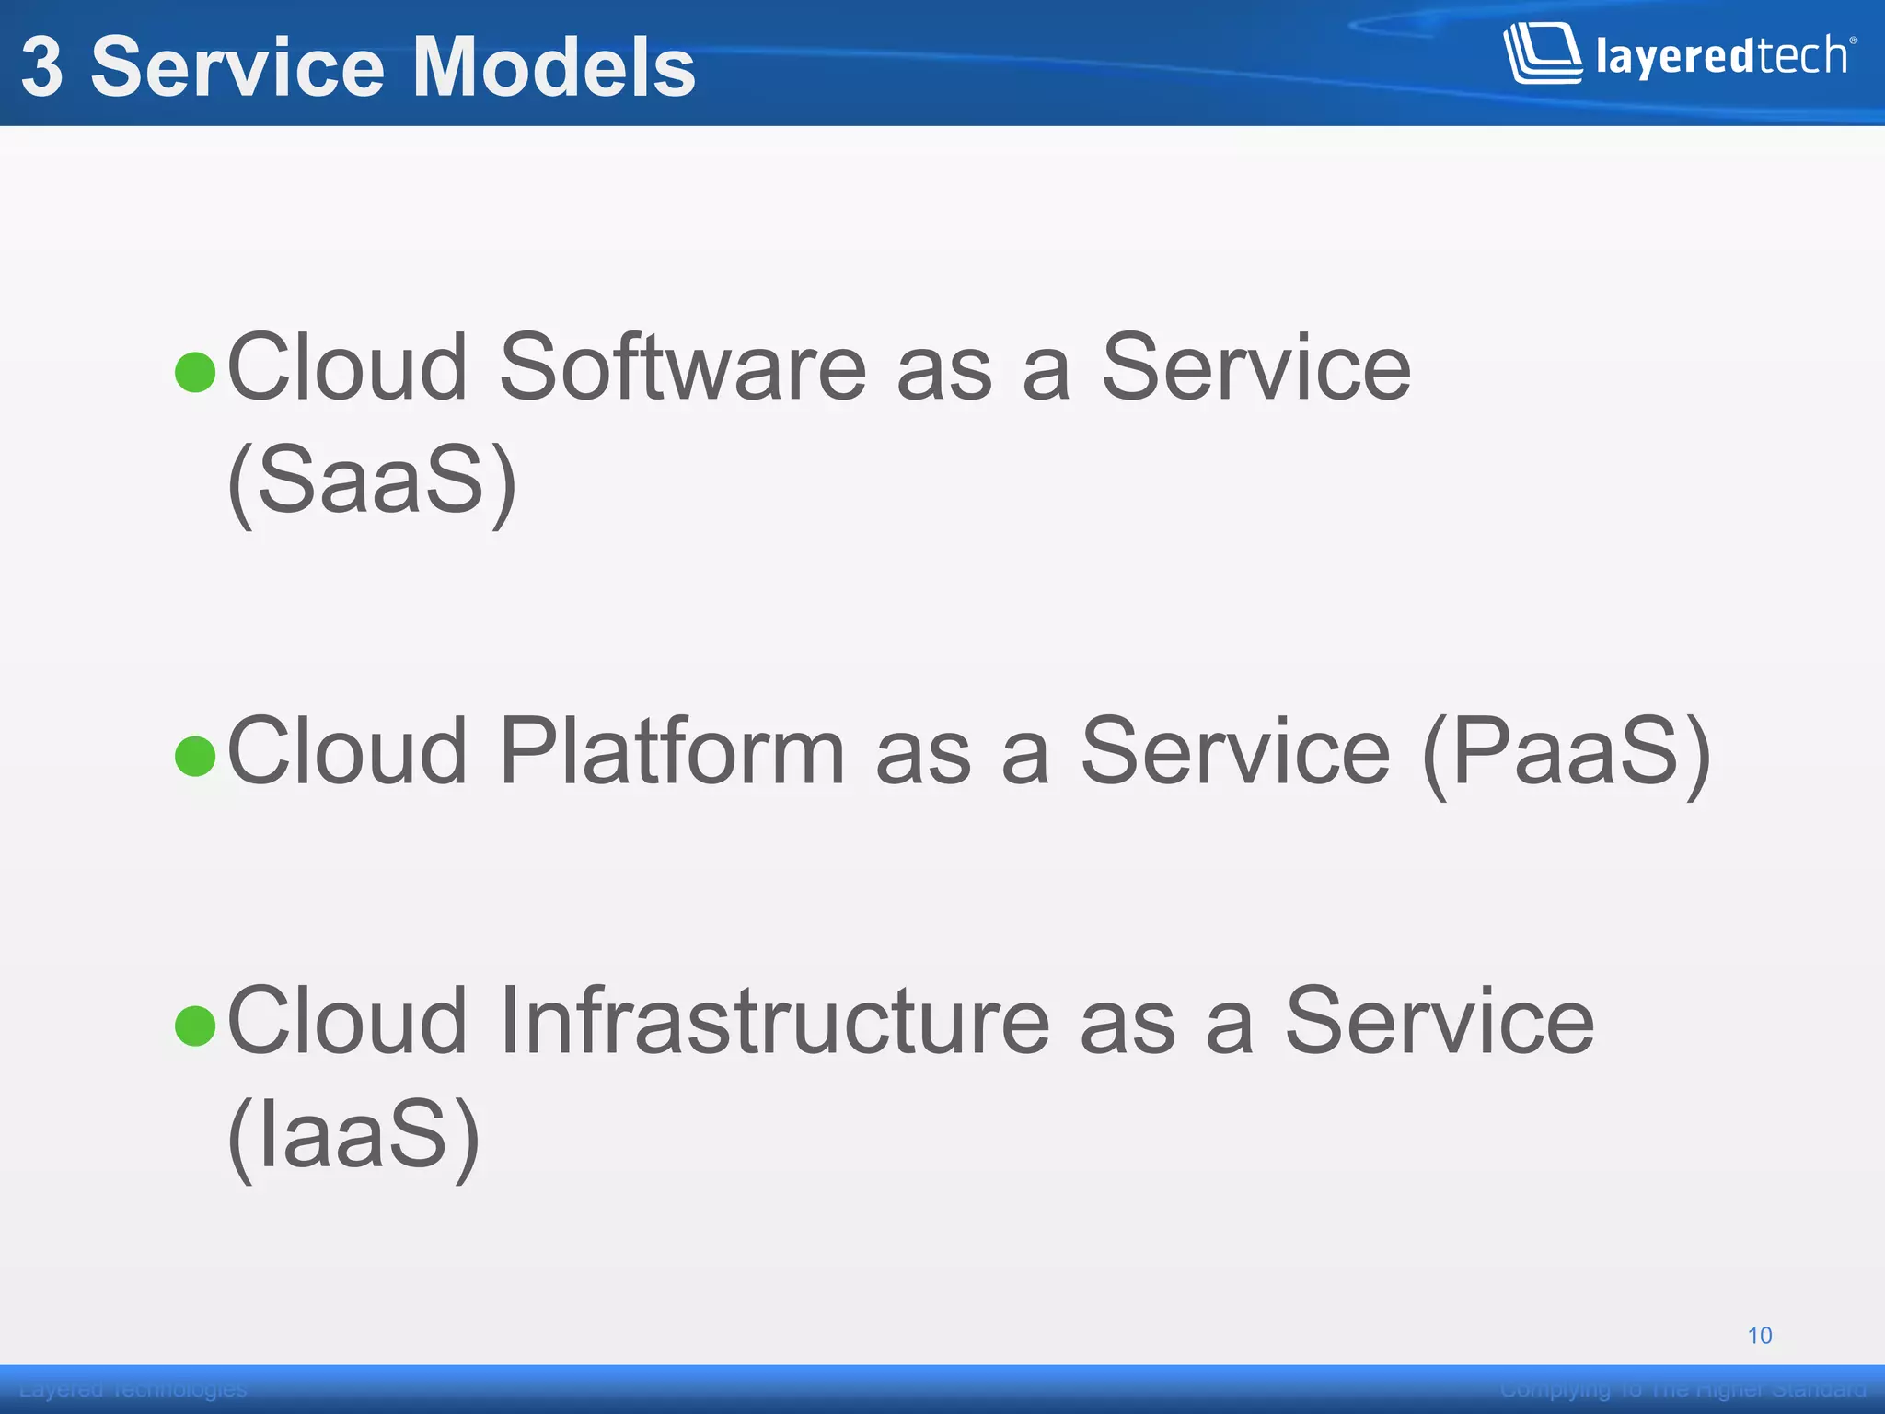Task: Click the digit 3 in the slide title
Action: (x=42, y=67)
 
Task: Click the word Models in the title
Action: (x=554, y=67)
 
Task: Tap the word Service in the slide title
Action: (x=237, y=67)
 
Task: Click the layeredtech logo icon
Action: (x=1542, y=54)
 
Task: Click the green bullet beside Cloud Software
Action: (x=195, y=372)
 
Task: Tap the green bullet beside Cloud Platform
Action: (x=195, y=756)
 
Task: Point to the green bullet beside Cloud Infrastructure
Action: (x=195, y=1026)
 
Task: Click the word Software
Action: (x=682, y=368)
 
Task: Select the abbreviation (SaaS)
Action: (x=372, y=481)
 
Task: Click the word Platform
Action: (x=671, y=752)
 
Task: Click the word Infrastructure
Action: (x=774, y=1022)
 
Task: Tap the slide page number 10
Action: (x=1759, y=1336)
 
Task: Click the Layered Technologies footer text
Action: (x=133, y=1389)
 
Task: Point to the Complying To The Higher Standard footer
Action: (x=1683, y=1389)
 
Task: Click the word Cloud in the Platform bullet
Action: (x=347, y=752)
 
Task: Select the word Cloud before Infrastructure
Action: (x=347, y=1022)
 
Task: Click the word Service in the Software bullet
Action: (x=1255, y=368)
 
